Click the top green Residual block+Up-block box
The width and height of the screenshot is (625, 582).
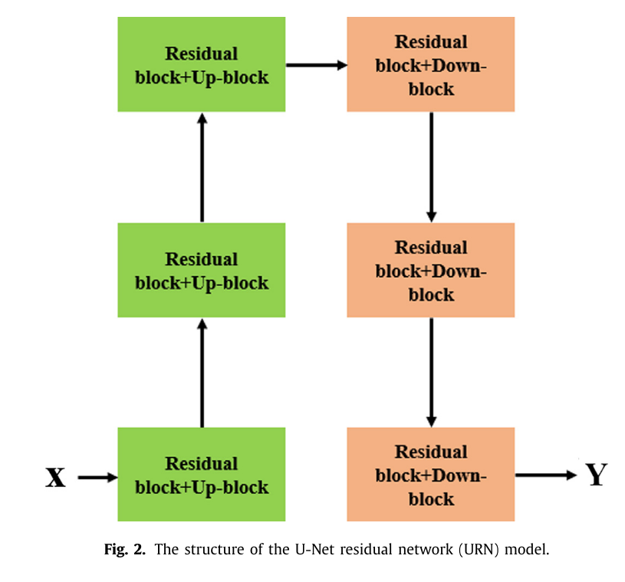[201, 64]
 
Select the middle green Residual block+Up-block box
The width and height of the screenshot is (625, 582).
[201, 270]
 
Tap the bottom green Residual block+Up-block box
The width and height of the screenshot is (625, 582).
[201, 475]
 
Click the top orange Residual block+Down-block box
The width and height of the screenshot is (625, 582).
[430, 64]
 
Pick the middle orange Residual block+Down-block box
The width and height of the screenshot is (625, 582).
[430, 270]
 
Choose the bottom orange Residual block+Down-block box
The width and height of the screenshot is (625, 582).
[430, 475]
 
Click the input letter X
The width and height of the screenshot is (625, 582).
[55, 477]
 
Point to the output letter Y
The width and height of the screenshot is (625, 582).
[596, 475]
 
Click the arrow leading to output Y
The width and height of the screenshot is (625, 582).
[545, 475]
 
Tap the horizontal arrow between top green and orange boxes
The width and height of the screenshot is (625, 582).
[316, 65]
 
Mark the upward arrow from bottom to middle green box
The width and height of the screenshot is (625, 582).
[202, 373]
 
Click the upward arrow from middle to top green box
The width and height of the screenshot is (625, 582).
[202, 167]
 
